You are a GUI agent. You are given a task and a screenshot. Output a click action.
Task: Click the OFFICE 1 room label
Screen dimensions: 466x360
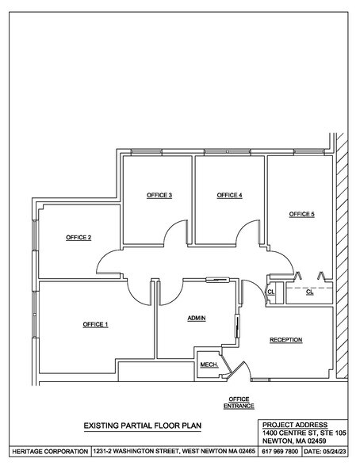pos(95,325)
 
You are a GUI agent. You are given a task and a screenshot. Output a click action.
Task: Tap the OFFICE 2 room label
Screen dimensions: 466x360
pos(79,238)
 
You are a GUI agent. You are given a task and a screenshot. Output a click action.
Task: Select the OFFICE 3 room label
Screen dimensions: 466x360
pos(159,195)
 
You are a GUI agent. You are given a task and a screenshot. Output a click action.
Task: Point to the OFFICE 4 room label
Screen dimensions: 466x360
pos(229,195)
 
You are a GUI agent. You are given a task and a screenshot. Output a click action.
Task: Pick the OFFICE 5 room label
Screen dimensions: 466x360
pos(302,214)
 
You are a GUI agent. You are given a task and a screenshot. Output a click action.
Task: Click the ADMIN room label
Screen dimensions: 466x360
pos(197,318)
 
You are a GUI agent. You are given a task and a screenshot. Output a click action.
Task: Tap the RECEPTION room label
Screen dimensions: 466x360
pos(285,340)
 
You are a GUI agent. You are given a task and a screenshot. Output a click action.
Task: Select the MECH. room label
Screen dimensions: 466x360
pos(209,365)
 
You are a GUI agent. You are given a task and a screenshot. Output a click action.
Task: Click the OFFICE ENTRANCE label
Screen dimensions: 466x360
pos(239,402)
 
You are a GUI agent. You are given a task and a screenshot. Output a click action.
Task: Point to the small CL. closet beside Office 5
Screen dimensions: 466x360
pos(270,292)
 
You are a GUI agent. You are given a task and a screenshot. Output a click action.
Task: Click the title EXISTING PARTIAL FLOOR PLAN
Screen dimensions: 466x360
pos(143,426)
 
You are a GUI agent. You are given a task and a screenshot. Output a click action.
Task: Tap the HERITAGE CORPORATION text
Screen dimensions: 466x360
pos(46,451)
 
